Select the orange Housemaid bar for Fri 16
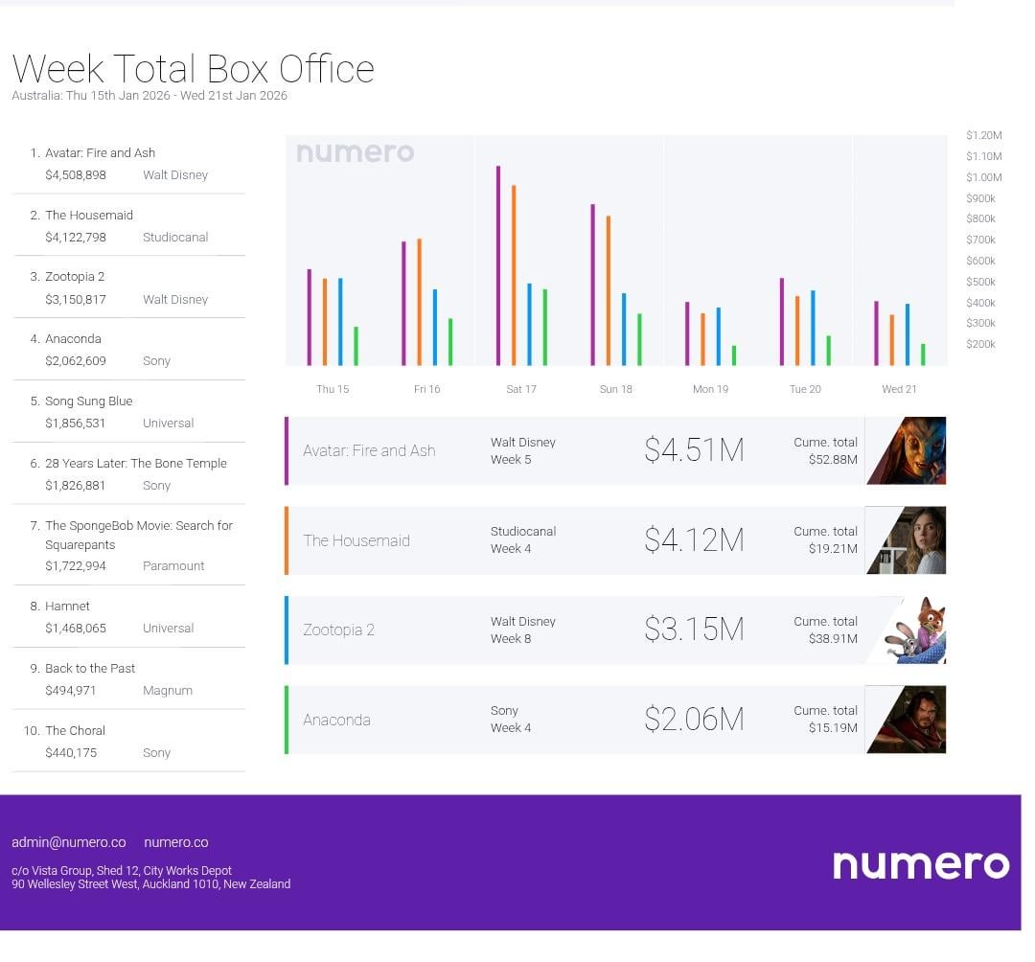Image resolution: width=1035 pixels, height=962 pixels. pyautogui.click(x=419, y=302)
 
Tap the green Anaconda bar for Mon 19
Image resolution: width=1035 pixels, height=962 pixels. pyautogui.click(x=734, y=355)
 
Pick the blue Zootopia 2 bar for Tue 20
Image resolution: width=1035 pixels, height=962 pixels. pyautogui.click(x=813, y=328)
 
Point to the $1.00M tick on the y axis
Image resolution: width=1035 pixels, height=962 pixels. pyautogui.click(x=983, y=177)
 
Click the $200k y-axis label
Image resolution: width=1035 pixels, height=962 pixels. pyautogui.click(x=980, y=344)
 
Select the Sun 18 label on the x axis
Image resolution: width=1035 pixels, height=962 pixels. pyautogui.click(x=615, y=389)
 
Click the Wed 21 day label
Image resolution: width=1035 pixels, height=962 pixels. pyautogui.click(x=899, y=389)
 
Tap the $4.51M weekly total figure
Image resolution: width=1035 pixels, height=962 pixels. pyautogui.click(x=694, y=450)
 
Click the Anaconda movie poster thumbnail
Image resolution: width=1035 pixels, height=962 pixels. pyautogui.click(x=907, y=720)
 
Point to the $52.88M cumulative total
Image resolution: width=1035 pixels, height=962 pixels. pyautogui.click(x=833, y=460)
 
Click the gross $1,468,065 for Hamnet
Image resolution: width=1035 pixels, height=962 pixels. pyautogui.click(x=76, y=629)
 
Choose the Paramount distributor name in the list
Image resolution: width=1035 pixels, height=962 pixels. pyautogui.click(x=173, y=566)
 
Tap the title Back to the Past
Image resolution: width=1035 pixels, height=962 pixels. pyautogui.click(x=90, y=669)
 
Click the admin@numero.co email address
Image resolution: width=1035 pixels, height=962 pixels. pyautogui.click(x=69, y=843)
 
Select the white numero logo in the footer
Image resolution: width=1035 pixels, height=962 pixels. pyautogui.click(x=920, y=864)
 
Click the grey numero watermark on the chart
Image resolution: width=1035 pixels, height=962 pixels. pyautogui.click(x=355, y=152)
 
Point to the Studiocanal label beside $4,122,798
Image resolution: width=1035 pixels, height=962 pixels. pyautogui.click(x=175, y=238)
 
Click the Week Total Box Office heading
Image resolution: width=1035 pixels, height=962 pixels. pyautogui.click(x=193, y=69)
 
